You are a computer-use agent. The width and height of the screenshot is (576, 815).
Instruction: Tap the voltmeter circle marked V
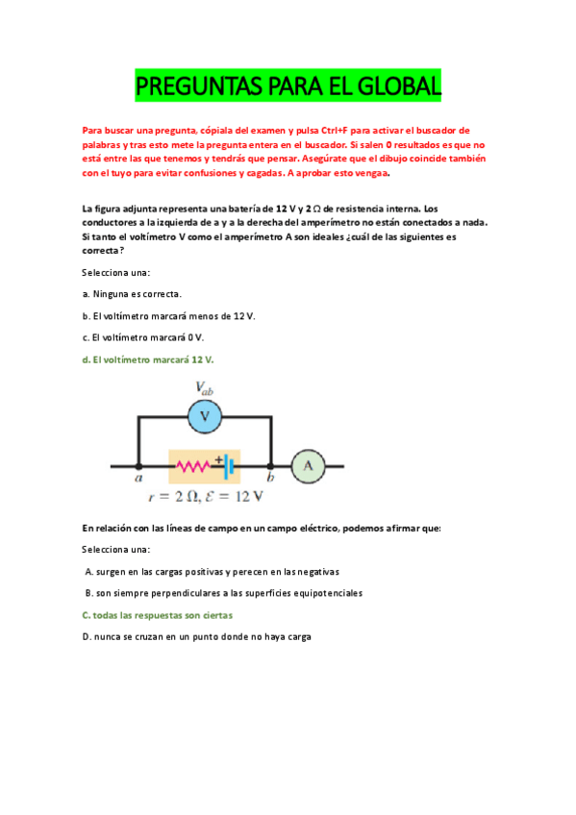click(204, 416)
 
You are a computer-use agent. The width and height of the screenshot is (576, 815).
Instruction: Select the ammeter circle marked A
click(308, 465)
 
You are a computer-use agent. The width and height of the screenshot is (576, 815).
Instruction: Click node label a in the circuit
click(139, 478)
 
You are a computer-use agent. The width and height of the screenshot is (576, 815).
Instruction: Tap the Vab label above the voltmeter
click(205, 388)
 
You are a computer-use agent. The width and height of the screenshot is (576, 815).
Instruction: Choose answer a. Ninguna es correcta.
click(132, 294)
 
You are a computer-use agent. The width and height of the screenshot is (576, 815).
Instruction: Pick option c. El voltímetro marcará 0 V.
click(143, 337)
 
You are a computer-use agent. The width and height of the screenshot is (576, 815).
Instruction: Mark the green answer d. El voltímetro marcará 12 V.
click(148, 359)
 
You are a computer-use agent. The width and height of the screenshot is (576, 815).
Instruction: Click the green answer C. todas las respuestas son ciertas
click(157, 615)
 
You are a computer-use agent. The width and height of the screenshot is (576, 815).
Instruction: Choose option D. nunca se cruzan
click(197, 636)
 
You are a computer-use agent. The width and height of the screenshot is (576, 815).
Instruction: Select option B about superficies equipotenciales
click(223, 593)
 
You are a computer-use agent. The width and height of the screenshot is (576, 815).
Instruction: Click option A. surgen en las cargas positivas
click(211, 571)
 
